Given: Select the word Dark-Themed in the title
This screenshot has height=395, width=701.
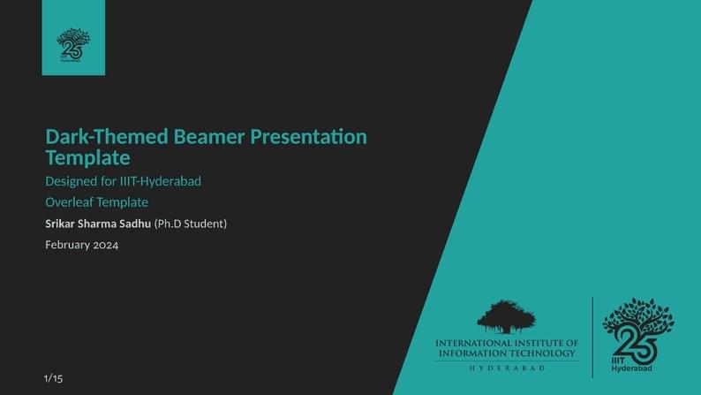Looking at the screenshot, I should (x=108, y=137).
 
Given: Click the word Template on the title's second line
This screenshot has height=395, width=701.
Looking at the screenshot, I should (x=87, y=158).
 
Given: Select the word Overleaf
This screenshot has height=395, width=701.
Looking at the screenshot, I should (x=71, y=202).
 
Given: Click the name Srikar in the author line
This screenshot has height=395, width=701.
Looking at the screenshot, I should (x=62, y=224).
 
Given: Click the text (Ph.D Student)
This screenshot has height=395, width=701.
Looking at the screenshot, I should (x=191, y=224).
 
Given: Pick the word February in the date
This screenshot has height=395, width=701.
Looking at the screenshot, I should (x=67, y=245).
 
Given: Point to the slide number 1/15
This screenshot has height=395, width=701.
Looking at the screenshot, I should (x=53, y=379).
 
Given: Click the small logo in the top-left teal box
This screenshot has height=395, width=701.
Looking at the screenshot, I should (x=73, y=44).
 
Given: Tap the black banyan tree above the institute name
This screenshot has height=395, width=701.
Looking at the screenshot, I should (x=507, y=316).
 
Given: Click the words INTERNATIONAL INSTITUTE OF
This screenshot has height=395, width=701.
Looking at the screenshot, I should (x=507, y=342).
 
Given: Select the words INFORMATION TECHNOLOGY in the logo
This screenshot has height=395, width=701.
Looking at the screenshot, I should (x=507, y=353).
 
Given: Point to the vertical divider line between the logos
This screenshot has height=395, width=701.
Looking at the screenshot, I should (x=592, y=335).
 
